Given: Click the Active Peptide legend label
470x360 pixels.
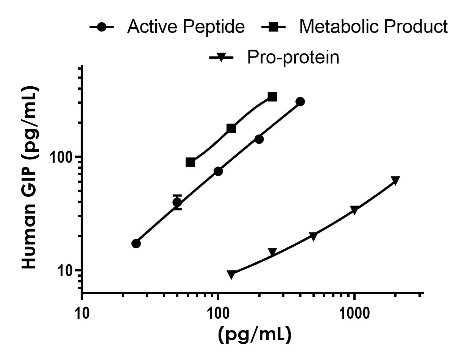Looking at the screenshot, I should coord(186,27).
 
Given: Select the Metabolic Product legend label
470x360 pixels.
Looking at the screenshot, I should coord(373,27).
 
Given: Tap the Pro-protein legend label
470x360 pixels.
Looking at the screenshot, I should coord(293,58).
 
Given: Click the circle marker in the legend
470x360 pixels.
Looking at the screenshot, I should coord(101,27).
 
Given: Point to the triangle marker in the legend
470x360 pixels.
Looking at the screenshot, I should coord(222,58).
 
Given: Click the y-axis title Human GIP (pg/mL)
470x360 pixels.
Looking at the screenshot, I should coord(29,178).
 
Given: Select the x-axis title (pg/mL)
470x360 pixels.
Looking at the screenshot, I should coord(255,334).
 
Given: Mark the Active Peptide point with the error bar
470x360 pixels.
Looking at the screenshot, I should coord(177,202).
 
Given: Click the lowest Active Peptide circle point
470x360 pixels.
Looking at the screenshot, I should coord(136,243).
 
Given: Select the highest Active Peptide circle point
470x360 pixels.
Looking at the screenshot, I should coord(300,101).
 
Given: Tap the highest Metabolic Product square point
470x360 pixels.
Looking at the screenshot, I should coord(272,97).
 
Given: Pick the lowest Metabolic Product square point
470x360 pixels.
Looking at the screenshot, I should coord(190,162).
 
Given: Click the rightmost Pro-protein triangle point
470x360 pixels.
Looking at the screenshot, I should coord(395,180).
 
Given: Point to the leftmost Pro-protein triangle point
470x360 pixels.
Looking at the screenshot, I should coord(231,274).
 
